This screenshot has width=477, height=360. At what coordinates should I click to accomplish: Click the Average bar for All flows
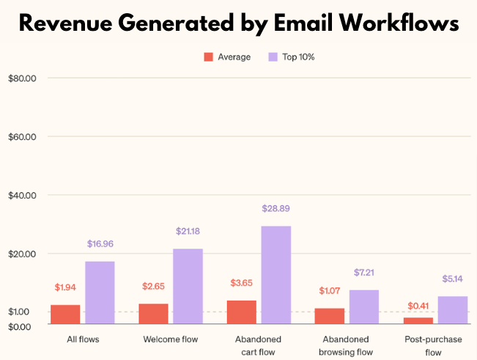[x=65, y=314]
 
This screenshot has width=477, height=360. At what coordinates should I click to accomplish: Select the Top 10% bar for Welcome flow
[x=188, y=286]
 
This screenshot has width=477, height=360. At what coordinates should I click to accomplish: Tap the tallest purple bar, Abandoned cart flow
[x=276, y=274]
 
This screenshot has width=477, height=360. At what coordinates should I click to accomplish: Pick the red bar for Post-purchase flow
[x=418, y=320]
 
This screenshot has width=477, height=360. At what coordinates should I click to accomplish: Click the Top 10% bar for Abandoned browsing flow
[x=364, y=306]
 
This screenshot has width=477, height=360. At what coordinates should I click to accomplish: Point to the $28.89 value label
[x=276, y=209]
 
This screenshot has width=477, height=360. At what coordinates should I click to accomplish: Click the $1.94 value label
[x=65, y=287]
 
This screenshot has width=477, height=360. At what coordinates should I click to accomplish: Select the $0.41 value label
[x=418, y=306]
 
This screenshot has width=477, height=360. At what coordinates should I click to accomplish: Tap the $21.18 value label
[x=188, y=232]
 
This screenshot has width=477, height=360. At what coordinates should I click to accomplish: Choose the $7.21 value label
[x=364, y=273]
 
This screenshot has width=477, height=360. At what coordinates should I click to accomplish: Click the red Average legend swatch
[x=208, y=56]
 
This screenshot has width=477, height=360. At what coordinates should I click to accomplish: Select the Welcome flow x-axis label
[x=170, y=339]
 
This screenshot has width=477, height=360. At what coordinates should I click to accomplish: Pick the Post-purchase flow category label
[x=434, y=345]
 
